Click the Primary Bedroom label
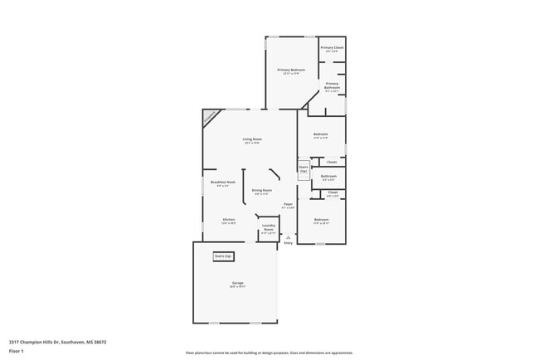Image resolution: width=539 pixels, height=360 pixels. pyautogui.click(x=291, y=71)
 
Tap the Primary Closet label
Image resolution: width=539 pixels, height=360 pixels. pyautogui.click(x=332, y=48)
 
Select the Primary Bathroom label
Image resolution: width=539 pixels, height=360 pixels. pyautogui.click(x=332, y=85)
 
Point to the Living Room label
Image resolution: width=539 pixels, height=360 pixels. pyautogui.click(x=252, y=139)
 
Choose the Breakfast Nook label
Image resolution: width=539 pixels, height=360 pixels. pyautogui.click(x=223, y=182)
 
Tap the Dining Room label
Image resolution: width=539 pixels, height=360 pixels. pyautogui.click(x=262, y=191)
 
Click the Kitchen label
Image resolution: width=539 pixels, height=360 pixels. pyautogui.click(x=228, y=220)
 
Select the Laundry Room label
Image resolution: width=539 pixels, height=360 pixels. pyautogui.click(x=269, y=226)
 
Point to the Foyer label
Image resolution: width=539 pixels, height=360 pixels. pyautogui.click(x=289, y=204)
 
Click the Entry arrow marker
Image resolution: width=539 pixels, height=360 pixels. pyautogui.click(x=289, y=236)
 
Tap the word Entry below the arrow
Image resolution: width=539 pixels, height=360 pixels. pyautogui.click(x=289, y=243)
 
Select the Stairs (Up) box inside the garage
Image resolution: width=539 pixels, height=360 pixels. pyautogui.click(x=224, y=256)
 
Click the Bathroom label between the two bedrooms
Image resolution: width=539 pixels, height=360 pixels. pyautogui.click(x=328, y=176)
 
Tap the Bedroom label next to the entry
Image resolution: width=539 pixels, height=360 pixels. pyautogui.click(x=321, y=221)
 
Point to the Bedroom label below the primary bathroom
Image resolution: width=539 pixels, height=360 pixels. pyautogui.click(x=320, y=134)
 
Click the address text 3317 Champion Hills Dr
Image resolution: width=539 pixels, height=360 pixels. pyautogui.click(x=57, y=341)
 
